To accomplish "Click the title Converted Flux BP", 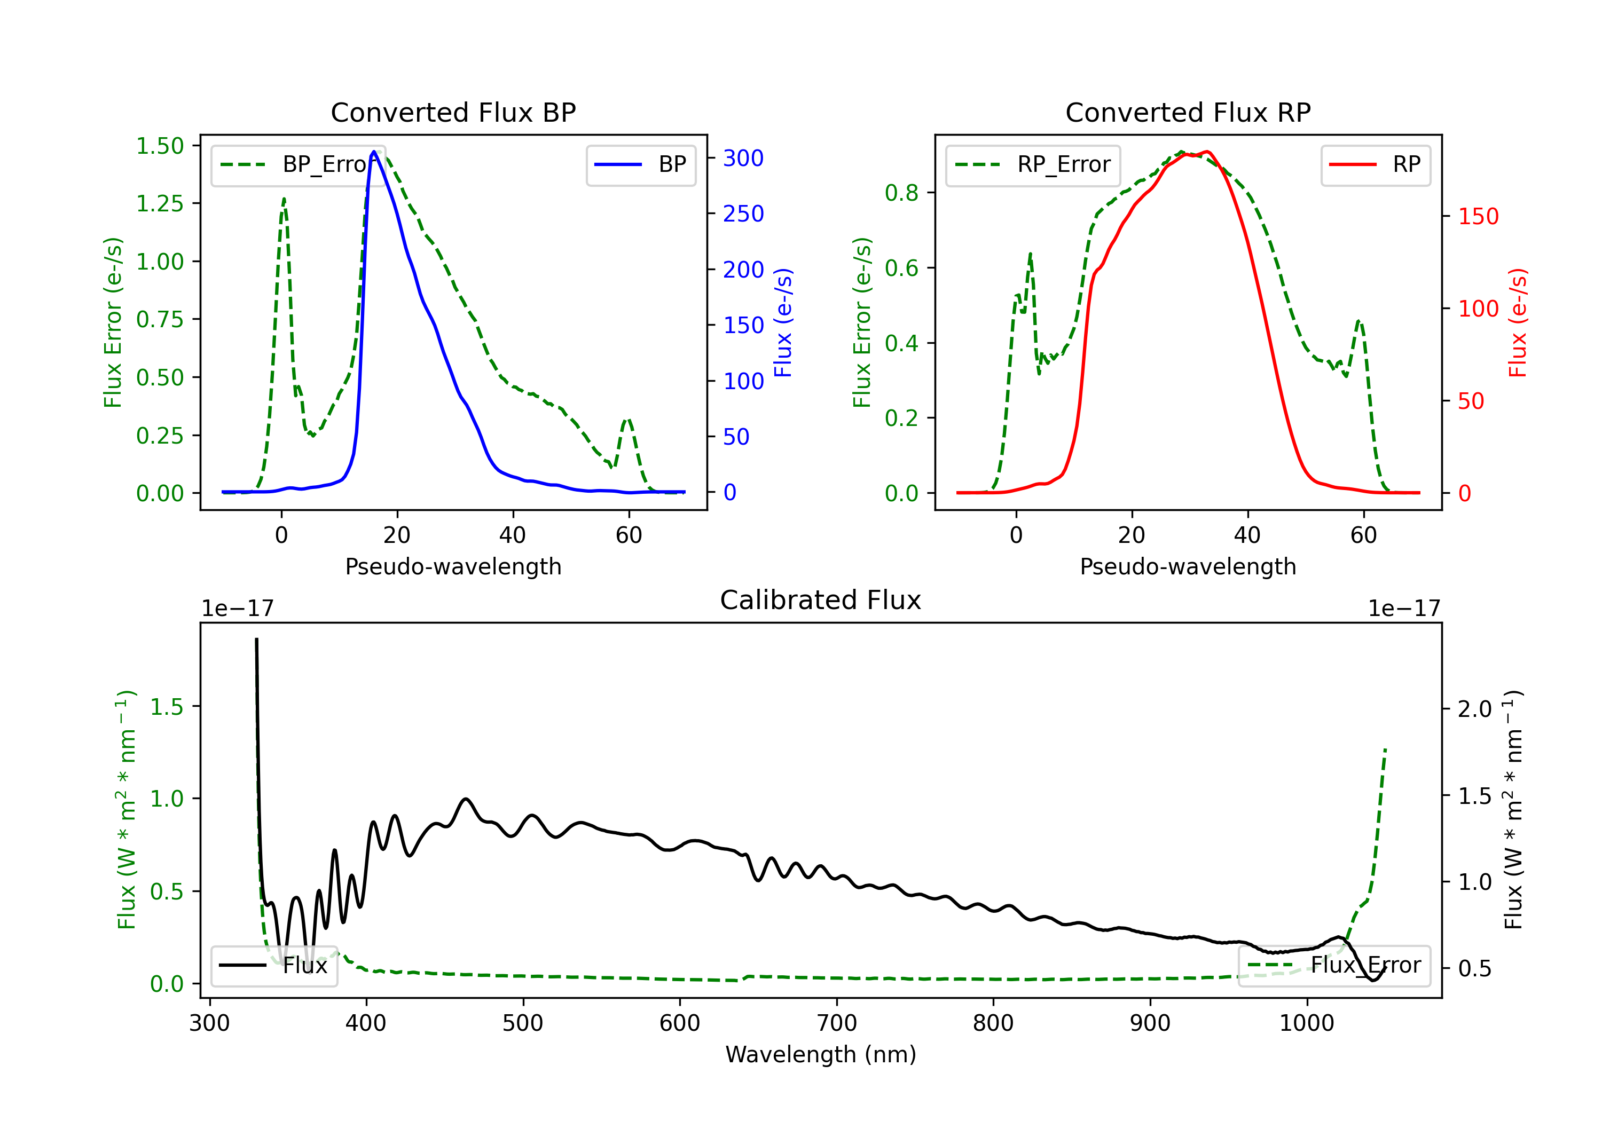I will (x=453, y=112).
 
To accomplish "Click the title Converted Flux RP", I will (x=1188, y=112).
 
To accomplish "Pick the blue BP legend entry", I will (x=640, y=164).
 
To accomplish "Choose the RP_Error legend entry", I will (x=1033, y=164).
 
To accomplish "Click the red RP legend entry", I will (x=1375, y=164).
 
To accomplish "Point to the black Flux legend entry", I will (x=273, y=966).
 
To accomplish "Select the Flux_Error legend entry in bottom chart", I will (x=1334, y=966).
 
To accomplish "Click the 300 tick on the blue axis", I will (x=743, y=159).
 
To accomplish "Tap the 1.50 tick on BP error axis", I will (x=160, y=146).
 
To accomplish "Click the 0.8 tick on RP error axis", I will (x=901, y=193).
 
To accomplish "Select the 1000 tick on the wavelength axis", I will (x=1306, y=1023).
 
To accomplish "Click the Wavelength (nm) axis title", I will (x=821, y=1054).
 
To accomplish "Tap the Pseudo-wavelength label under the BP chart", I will (x=453, y=566).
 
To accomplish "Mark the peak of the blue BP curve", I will (x=374, y=152).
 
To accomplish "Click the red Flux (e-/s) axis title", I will (x=1518, y=323).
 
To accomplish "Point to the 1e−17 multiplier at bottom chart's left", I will (x=237, y=609).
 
